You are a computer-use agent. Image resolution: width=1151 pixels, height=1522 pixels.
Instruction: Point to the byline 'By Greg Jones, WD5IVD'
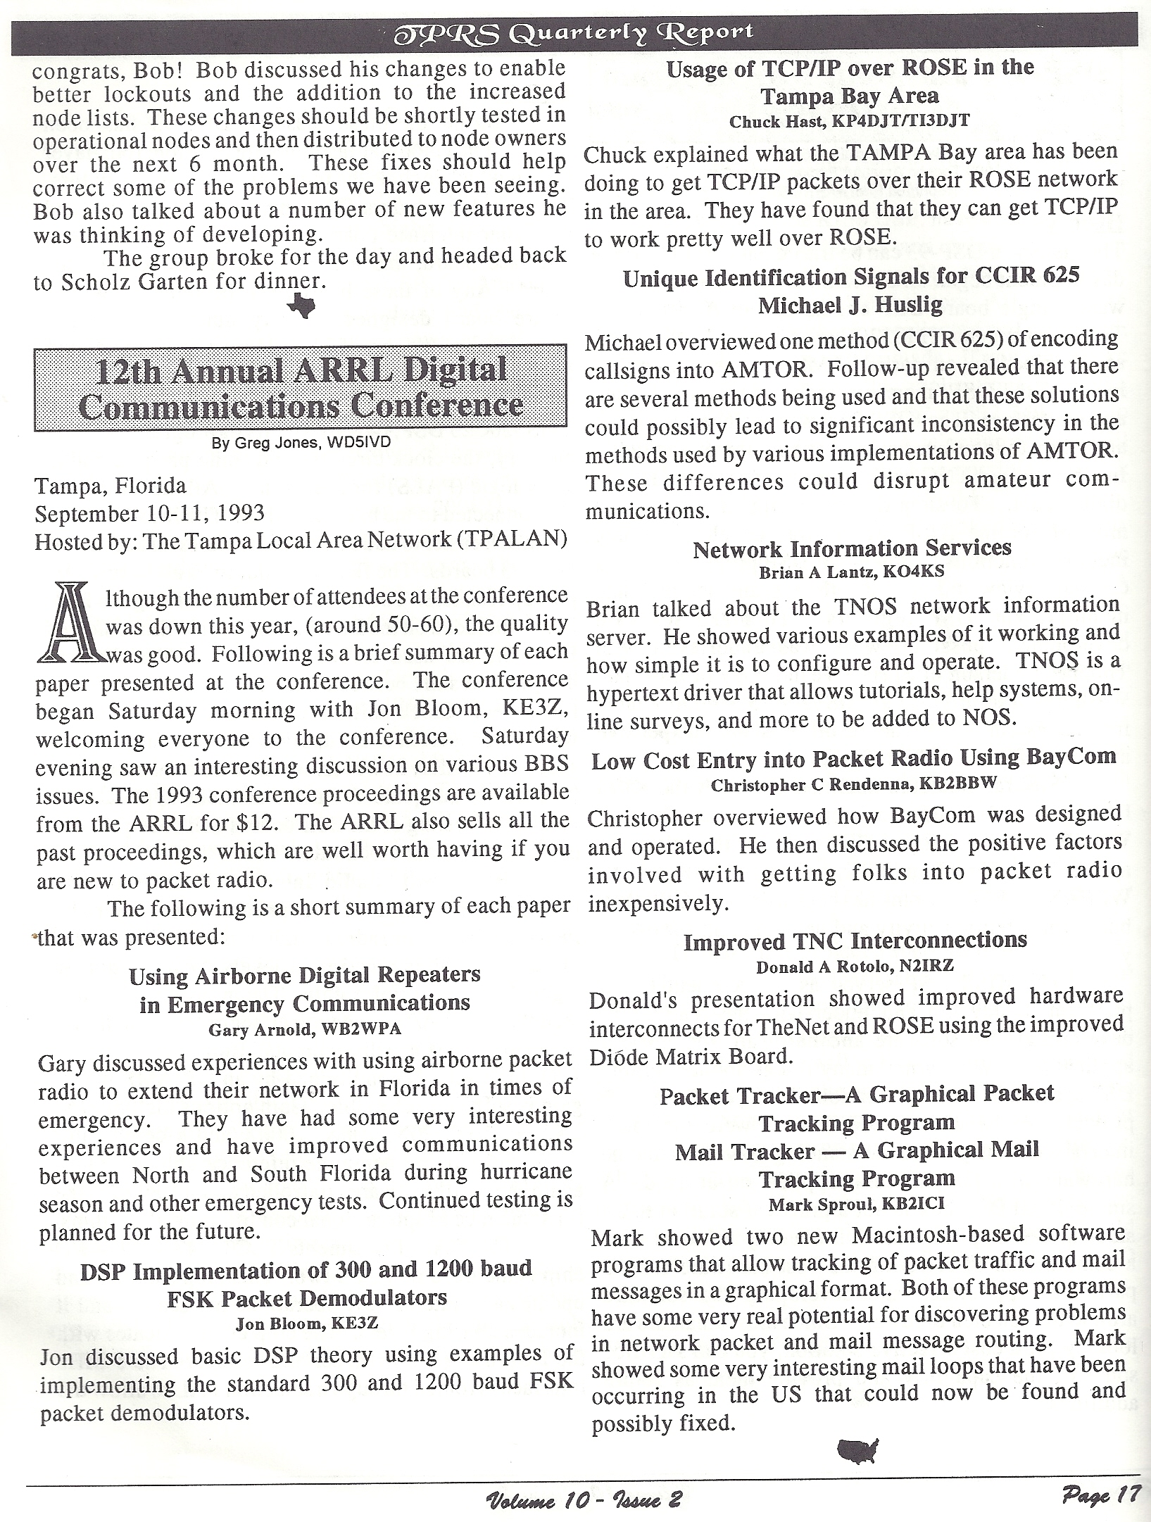pos(301,444)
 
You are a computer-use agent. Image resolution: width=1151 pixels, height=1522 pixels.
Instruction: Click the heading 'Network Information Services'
pos(852,548)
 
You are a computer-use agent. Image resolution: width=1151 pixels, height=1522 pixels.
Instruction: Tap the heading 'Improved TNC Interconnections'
pos(855,941)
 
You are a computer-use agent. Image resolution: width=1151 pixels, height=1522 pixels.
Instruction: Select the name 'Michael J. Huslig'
pos(850,305)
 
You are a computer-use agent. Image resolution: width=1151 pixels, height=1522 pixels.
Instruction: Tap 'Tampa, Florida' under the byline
pos(111,486)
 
